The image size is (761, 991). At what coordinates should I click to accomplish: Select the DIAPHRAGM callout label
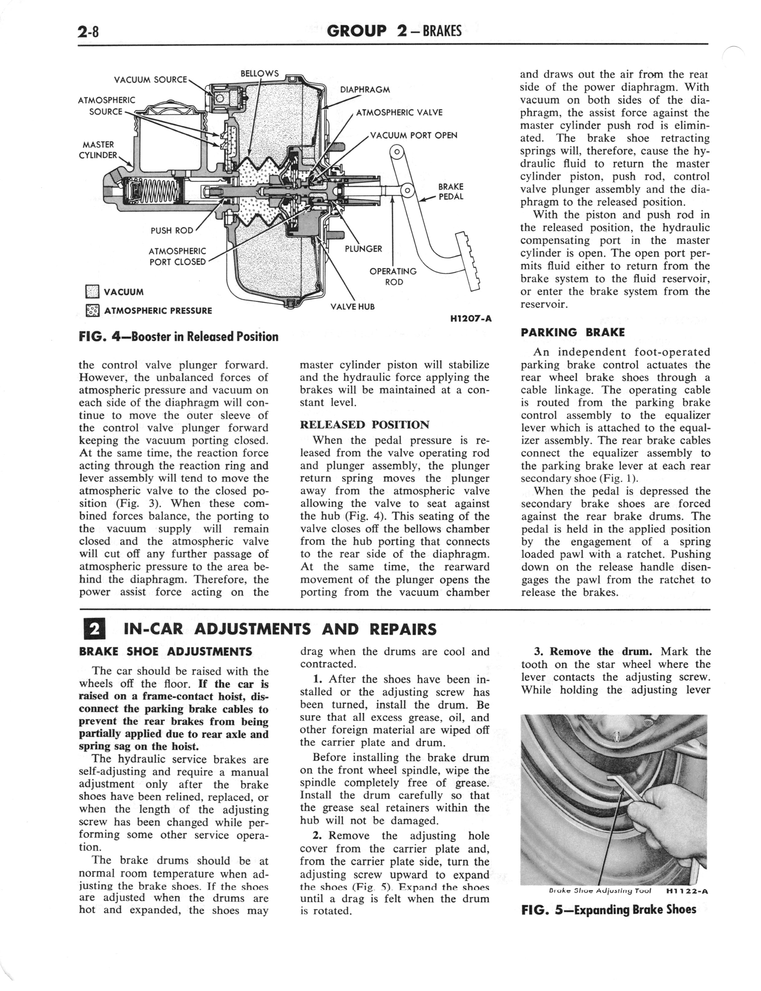(x=365, y=90)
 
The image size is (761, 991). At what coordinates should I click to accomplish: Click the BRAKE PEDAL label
(x=451, y=192)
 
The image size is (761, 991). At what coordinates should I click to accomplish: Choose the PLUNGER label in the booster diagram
(x=363, y=249)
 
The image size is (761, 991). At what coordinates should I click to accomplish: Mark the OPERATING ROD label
(x=393, y=276)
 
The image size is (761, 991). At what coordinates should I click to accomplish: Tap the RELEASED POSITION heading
(x=364, y=425)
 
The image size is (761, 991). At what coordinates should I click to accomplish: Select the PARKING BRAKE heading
(x=573, y=332)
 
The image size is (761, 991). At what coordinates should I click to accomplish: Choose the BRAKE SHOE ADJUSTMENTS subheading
(x=165, y=652)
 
